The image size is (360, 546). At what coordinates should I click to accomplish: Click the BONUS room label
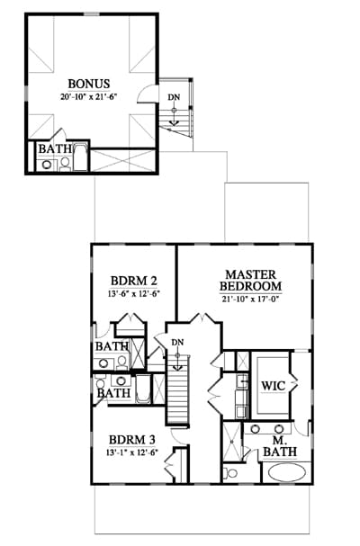tap(89, 84)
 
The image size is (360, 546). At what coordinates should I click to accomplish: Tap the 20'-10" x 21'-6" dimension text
tap(88, 96)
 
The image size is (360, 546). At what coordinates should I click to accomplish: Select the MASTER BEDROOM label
tap(250, 281)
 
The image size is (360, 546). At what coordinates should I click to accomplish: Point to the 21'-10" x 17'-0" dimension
tap(250, 300)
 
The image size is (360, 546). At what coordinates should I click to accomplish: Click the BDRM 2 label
tap(134, 281)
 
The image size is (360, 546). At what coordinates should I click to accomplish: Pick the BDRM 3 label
tap(132, 440)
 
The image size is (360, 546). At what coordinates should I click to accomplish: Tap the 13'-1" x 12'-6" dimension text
tap(132, 452)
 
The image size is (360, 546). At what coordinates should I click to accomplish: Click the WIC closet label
tap(274, 386)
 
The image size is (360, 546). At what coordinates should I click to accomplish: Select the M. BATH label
tap(280, 446)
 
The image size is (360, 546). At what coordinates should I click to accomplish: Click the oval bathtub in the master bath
tap(286, 473)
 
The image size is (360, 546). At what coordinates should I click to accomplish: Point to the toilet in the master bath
tap(230, 473)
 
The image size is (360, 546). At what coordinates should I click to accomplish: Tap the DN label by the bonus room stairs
tap(175, 97)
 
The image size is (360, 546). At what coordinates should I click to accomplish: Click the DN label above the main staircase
tap(177, 343)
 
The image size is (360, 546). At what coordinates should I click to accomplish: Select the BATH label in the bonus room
tap(55, 149)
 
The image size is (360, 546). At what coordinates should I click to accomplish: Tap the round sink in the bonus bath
tap(47, 165)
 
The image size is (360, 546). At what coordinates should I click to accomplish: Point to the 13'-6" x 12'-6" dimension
tap(134, 293)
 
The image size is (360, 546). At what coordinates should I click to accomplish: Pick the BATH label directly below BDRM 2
tap(112, 346)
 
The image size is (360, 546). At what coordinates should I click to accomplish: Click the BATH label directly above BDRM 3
tap(113, 393)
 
